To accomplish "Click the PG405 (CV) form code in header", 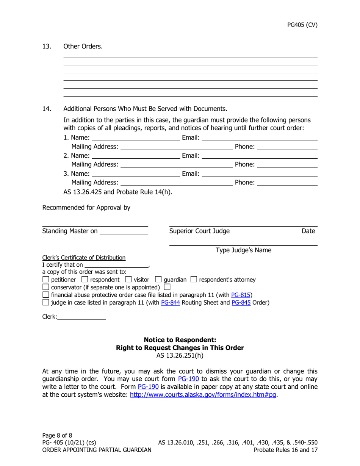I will pyautogui.click(x=302, y=25).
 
